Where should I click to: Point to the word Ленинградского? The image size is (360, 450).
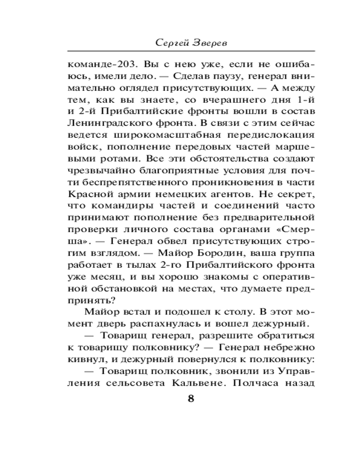tap(101, 123)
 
